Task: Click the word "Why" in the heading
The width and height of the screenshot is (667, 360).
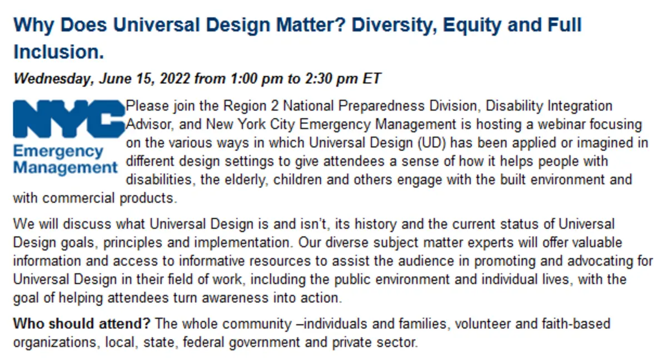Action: click(34, 26)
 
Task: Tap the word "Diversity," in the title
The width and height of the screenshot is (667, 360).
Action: click(394, 26)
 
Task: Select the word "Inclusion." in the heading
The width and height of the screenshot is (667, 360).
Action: click(59, 52)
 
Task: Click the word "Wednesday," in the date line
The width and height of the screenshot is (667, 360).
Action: click(54, 79)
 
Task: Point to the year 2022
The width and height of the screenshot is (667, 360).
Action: click(175, 78)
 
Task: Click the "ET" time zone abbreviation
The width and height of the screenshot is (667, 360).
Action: click(371, 78)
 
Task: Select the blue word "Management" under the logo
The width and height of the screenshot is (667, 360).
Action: click(66, 167)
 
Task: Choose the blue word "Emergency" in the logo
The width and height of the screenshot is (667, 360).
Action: click(58, 152)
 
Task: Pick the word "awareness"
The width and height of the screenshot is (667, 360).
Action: click(235, 298)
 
